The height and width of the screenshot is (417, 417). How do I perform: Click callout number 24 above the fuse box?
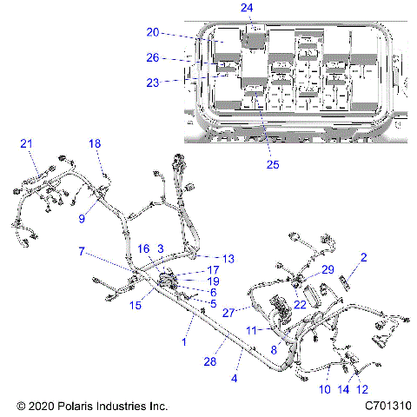(248, 8)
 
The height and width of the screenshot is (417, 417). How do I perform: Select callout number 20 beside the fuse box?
(153, 32)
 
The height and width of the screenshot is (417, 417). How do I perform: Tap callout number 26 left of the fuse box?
(153, 58)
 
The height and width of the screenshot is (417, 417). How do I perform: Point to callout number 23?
(153, 83)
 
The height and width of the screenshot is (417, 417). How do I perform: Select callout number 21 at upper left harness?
(26, 143)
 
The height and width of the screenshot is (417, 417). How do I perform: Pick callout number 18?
(95, 143)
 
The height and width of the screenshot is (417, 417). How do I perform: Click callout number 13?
(228, 259)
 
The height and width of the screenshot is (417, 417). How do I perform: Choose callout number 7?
(81, 251)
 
